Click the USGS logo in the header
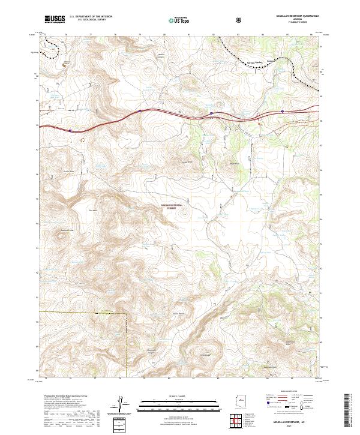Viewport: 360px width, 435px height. (x=54, y=20)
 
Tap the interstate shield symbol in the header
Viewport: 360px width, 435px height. (x=240, y=20)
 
